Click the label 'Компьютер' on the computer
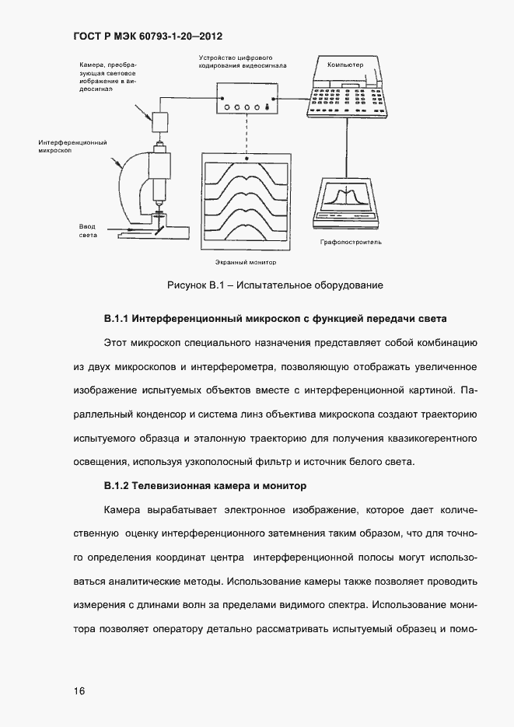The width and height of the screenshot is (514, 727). coord(345,65)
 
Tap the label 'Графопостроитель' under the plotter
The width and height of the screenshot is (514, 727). coord(350,242)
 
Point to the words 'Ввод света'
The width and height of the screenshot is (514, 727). coord(87,230)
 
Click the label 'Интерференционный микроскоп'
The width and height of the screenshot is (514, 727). coord(72,147)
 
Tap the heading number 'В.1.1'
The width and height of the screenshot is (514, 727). coord(120,320)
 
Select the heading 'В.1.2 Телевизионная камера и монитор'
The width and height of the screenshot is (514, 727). coord(205,486)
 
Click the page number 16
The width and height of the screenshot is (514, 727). coord(80,690)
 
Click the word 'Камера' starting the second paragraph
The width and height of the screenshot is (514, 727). coord(121,510)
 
